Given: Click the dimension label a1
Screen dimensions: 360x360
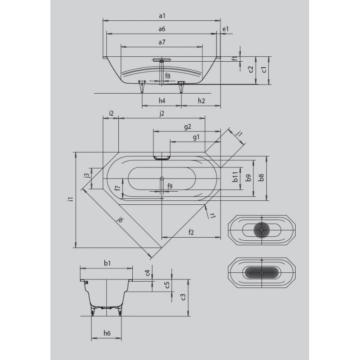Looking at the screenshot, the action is click(162, 16).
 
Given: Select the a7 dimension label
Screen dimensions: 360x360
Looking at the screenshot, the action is click(162, 42).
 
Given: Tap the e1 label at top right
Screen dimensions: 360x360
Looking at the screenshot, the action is click(226, 29).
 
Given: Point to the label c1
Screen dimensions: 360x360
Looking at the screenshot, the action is click(264, 70).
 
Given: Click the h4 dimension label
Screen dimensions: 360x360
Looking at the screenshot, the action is click(162, 100).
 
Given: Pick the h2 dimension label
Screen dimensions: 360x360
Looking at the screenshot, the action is click(201, 100).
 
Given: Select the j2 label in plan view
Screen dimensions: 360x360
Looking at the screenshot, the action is click(162, 113).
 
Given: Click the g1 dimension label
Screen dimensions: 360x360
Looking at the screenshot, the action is click(196, 138).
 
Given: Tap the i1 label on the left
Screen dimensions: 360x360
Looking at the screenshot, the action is click(72, 199).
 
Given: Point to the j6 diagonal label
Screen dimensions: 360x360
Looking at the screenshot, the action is click(120, 220).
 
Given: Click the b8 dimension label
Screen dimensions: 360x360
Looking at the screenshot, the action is click(261, 178).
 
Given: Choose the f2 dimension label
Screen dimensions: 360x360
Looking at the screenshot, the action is click(191, 232).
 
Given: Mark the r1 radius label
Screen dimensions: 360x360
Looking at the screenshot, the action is click(212, 216).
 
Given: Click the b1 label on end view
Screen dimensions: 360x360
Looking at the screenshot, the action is click(107, 263).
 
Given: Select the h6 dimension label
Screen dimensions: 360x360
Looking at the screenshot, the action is click(107, 333).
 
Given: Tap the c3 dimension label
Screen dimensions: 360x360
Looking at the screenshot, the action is click(183, 297).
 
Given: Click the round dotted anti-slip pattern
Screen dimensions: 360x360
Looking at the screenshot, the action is click(261, 230).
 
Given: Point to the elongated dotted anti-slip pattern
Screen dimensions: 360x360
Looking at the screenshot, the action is click(262, 273).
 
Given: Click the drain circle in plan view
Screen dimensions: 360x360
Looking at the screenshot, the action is click(162, 178).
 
